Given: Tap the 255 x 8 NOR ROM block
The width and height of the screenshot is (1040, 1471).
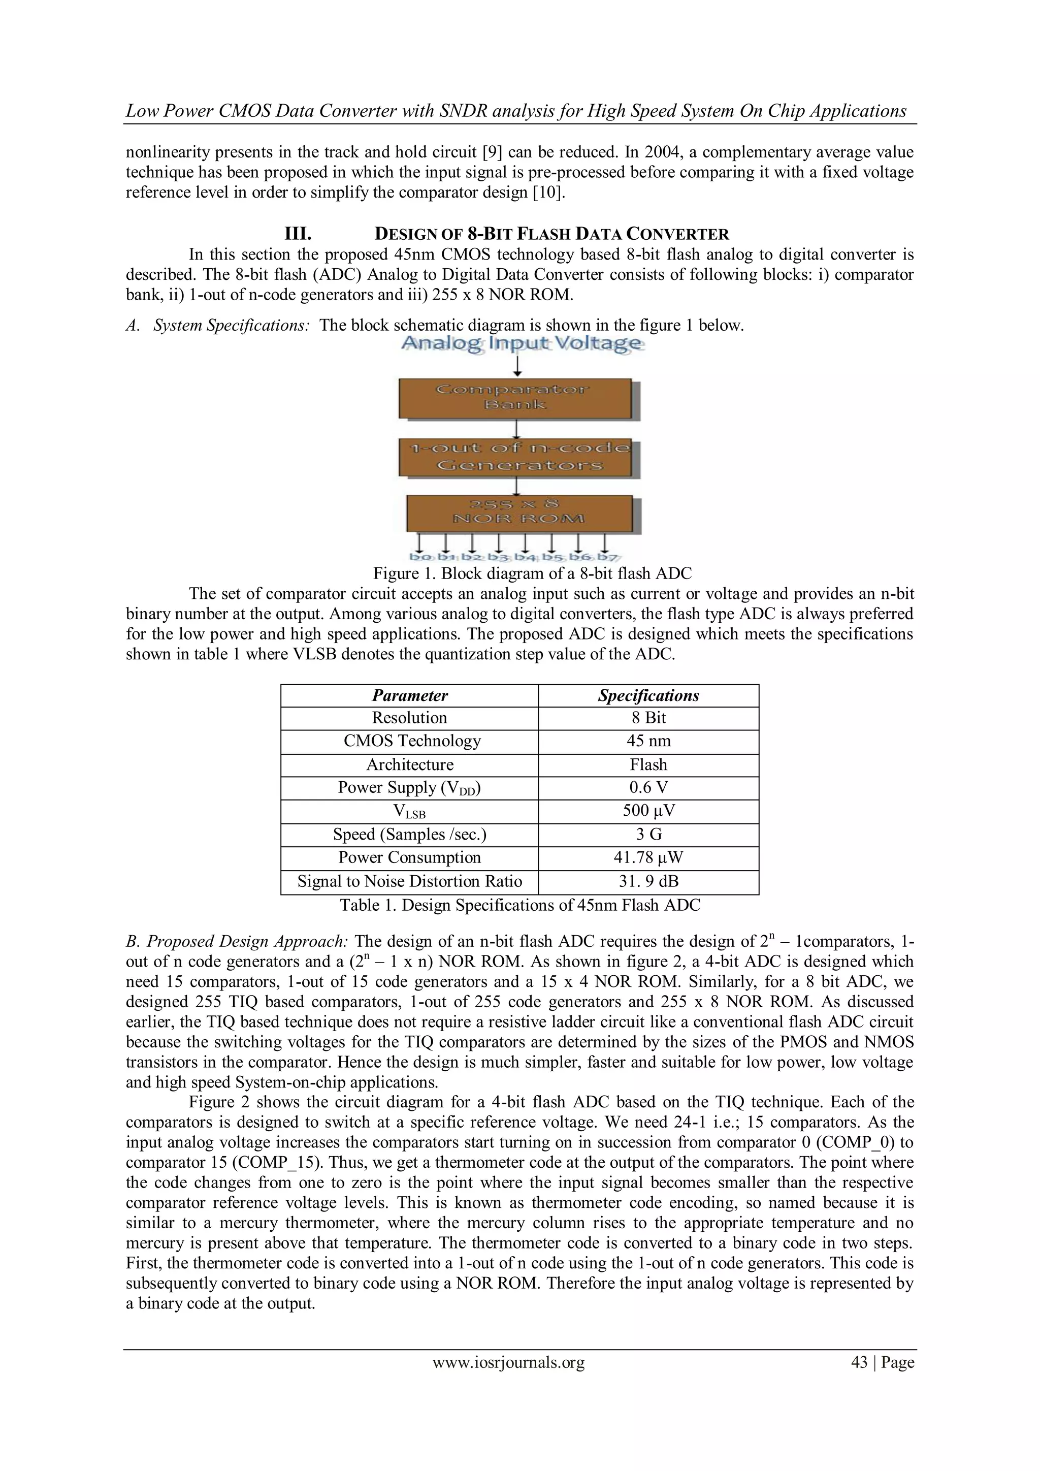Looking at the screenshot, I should click(518, 512).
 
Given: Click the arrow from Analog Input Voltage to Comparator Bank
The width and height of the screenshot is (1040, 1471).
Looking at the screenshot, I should click(518, 366).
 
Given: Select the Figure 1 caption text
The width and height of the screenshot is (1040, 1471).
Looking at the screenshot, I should click(532, 573).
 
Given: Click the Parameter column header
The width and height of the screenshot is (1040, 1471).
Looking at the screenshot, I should click(410, 695).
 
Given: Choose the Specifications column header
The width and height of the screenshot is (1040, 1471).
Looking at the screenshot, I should click(648, 695).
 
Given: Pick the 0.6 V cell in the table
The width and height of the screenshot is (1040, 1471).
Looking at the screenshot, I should click(648, 787).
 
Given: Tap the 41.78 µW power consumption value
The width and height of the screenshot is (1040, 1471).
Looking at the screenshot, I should click(648, 857).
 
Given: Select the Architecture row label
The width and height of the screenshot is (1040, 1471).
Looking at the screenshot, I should click(410, 764).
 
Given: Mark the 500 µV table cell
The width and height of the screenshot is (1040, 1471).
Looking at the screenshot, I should click(648, 811).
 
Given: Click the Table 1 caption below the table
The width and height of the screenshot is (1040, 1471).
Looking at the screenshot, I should click(520, 905).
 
